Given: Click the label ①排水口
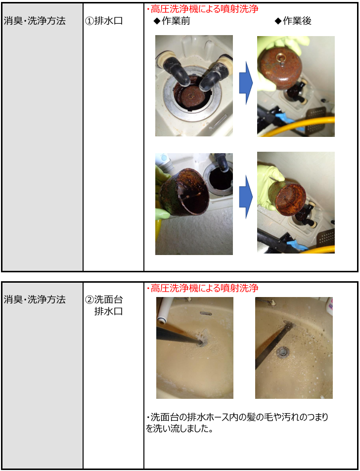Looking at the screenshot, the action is pyautogui.click(x=104, y=21).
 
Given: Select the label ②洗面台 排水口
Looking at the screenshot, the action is pyautogui.click(x=104, y=305).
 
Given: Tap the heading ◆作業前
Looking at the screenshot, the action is pyautogui.click(x=172, y=21).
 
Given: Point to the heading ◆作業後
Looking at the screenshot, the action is pyautogui.click(x=293, y=21).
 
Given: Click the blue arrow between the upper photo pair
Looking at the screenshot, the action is pyautogui.click(x=246, y=83).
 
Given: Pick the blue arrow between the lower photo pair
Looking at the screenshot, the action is pyautogui.click(x=246, y=197).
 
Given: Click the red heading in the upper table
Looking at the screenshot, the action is pyautogui.click(x=202, y=9).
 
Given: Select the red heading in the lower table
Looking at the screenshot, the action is pyautogui.click(x=202, y=288).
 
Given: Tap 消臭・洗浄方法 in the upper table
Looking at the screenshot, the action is pyautogui.click(x=35, y=21).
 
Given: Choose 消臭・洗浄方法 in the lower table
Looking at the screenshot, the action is pyautogui.click(x=35, y=300).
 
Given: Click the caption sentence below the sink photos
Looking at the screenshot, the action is pyautogui.click(x=237, y=423).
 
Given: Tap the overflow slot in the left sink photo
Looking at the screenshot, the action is pyautogui.click(x=206, y=313).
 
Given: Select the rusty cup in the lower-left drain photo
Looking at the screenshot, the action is pyautogui.click(x=182, y=192).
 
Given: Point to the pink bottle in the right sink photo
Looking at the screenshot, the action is pyautogui.click(x=330, y=306).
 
